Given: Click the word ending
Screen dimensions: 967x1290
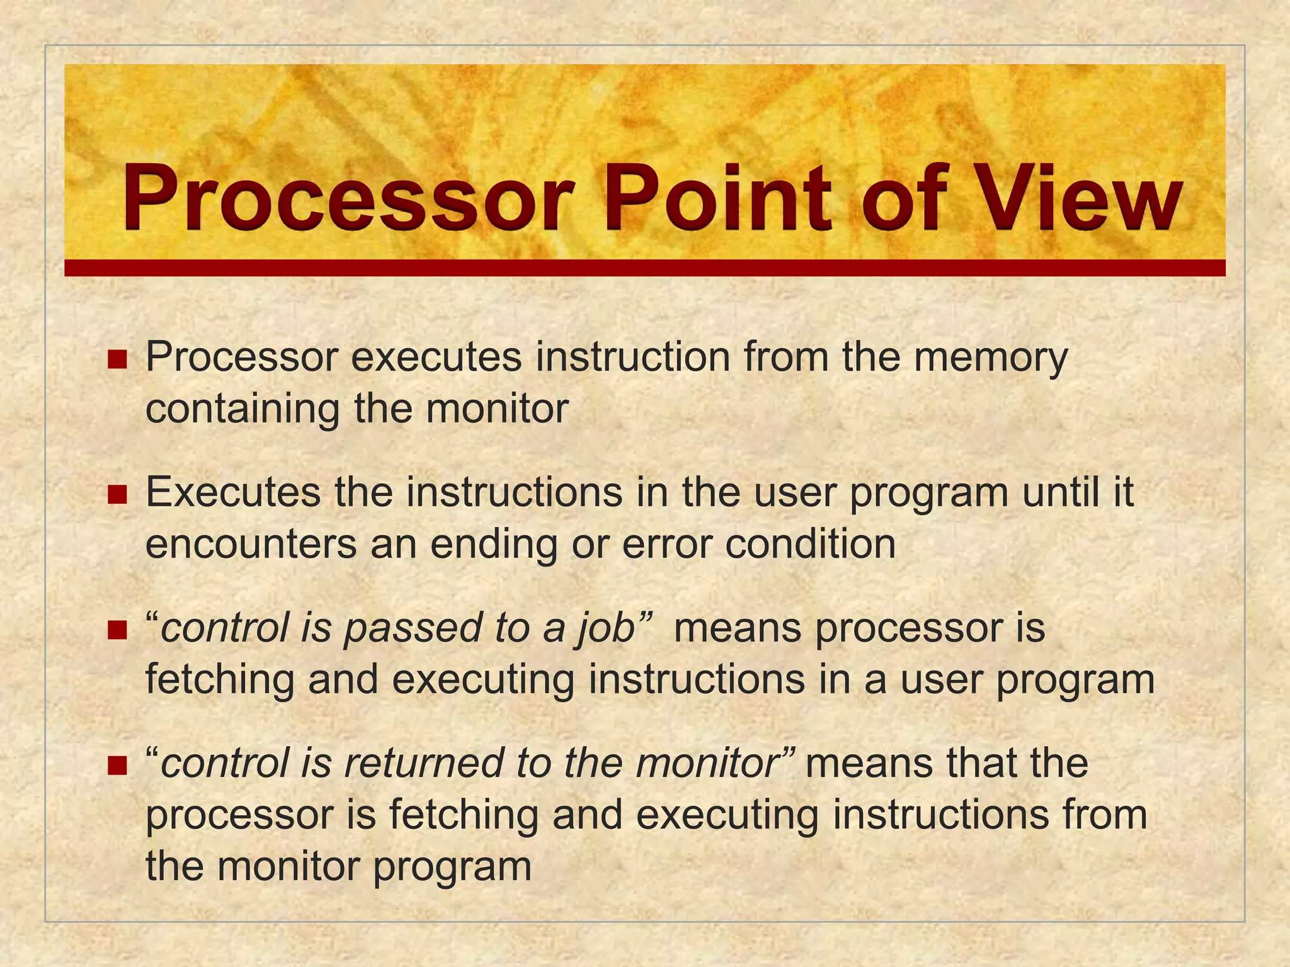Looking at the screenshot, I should [x=493, y=545].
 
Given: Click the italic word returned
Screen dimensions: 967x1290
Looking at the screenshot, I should [x=425, y=763].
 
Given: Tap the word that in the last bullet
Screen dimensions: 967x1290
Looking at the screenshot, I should [x=974, y=763].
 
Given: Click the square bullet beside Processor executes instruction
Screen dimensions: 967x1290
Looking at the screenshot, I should [x=117, y=360].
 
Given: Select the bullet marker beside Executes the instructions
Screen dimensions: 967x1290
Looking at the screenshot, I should [x=117, y=495].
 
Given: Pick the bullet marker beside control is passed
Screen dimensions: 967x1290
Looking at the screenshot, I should [x=117, y=630].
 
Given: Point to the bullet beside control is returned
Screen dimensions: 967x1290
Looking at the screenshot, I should [x=117, y=766].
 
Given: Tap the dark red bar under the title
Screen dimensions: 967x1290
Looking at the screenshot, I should [x=644, y=268].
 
